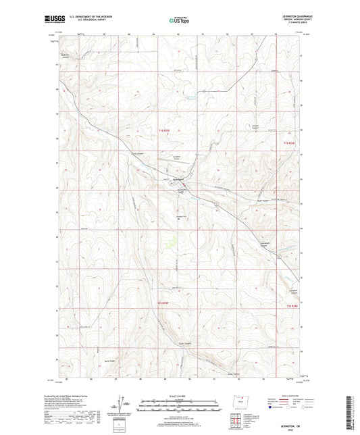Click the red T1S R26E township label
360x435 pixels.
[x=290, y=143]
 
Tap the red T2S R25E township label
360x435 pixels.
[x=164, y=303]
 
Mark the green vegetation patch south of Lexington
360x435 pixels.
[x=170, y=240]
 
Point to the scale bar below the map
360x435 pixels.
[x=180, y=407]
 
